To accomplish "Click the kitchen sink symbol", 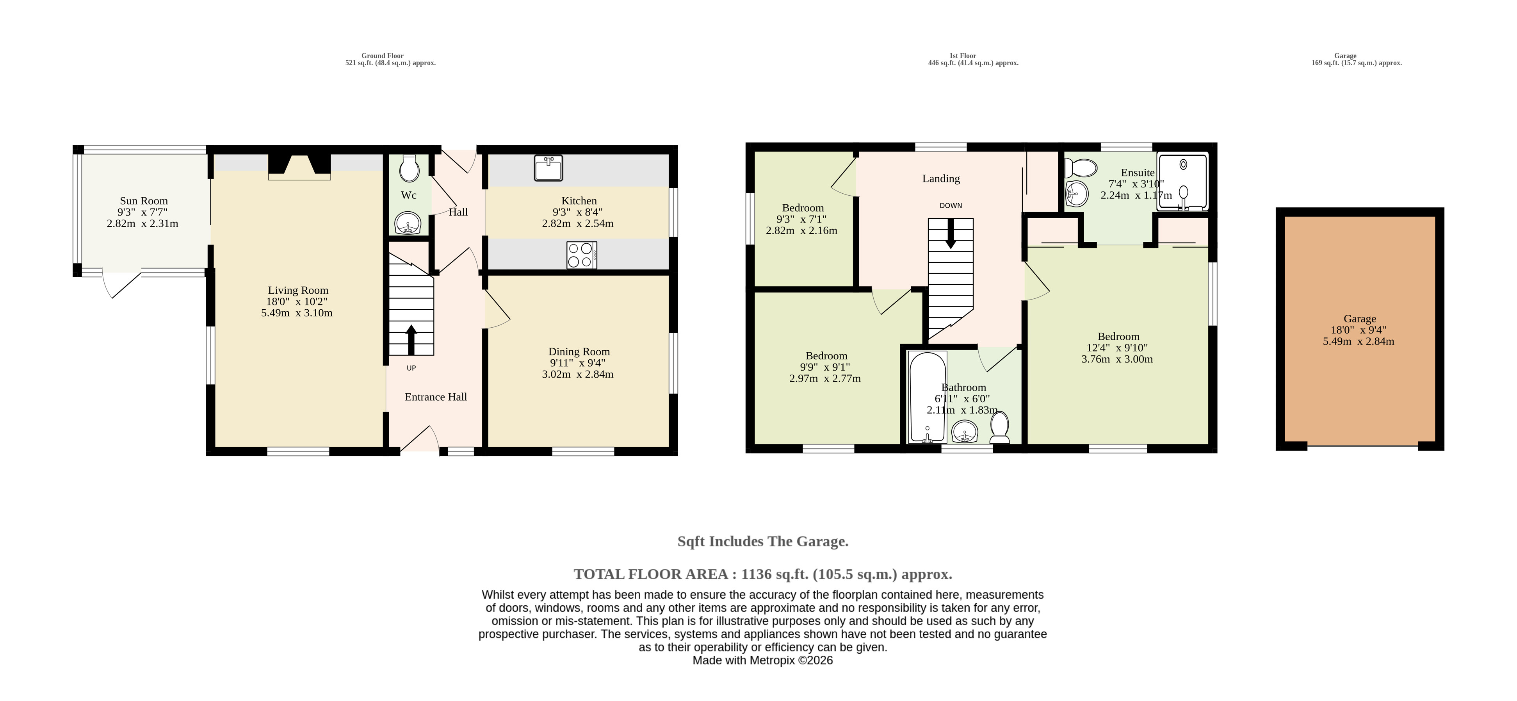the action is pos(548,168).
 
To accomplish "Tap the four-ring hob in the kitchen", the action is pos(581,255).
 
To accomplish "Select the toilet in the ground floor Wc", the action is pos(409,168).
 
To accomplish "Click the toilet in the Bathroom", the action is pos(1000,428).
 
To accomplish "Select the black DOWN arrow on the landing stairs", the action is pos(951,234).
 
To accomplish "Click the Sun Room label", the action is pos(144,201).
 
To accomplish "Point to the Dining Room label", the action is pos(579,352).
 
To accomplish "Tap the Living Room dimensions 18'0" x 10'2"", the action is pos(297,301).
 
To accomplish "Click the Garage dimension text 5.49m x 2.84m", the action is pos(1359,341).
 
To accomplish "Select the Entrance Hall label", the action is pos(436,397).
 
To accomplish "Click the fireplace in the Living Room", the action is pos(299,167).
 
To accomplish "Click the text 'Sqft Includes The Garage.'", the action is pos(763,541).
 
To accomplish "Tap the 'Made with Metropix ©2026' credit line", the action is pos(763,660).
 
